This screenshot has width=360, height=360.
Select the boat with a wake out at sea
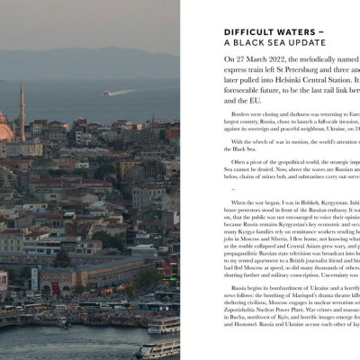tap(106, 93)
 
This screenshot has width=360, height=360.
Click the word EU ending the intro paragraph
tap(240, 103)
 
